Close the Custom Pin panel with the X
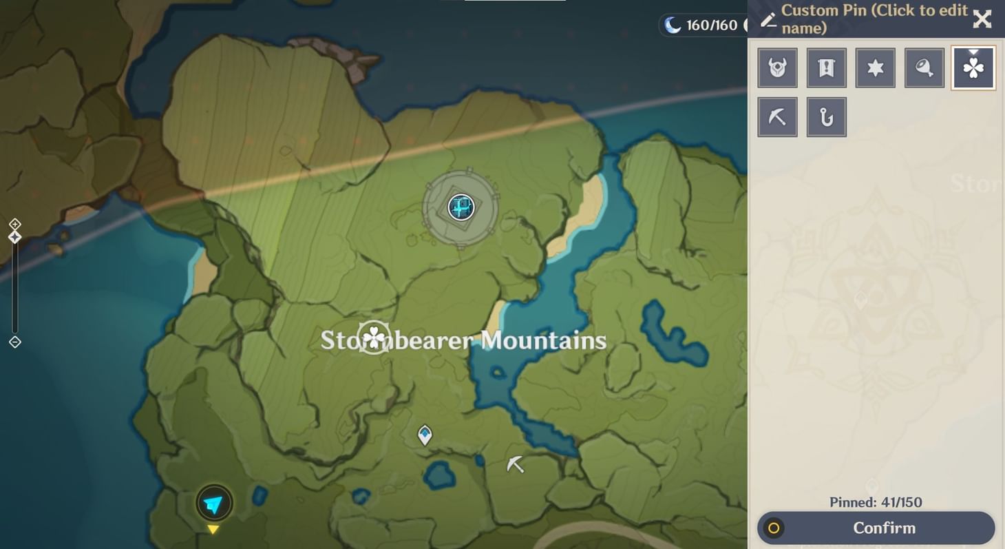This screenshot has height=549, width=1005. point(982,19)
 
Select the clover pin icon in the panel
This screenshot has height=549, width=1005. point(973,68)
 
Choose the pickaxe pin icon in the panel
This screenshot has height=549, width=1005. point(777,117)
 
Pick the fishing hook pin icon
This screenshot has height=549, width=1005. point(826,117)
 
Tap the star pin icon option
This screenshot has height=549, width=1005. point(875,68)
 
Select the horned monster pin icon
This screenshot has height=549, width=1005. point(777,68)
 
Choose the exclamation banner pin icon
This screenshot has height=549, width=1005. point(826,68)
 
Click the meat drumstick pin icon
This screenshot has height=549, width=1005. point(924,68)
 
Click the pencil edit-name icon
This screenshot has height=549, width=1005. point(768,20)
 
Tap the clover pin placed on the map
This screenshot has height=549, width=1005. point(374,338)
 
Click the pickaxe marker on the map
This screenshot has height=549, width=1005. point(515,465)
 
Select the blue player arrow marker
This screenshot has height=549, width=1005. point(214,504)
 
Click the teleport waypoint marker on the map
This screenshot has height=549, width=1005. point(425,435)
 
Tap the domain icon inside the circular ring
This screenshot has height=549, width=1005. point(461,207)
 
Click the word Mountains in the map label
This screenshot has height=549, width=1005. point(543,340)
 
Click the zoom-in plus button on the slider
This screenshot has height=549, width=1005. point(14,224)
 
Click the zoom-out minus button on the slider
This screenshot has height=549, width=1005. point(14,342)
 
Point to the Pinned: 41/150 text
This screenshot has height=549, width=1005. point(876,502)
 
